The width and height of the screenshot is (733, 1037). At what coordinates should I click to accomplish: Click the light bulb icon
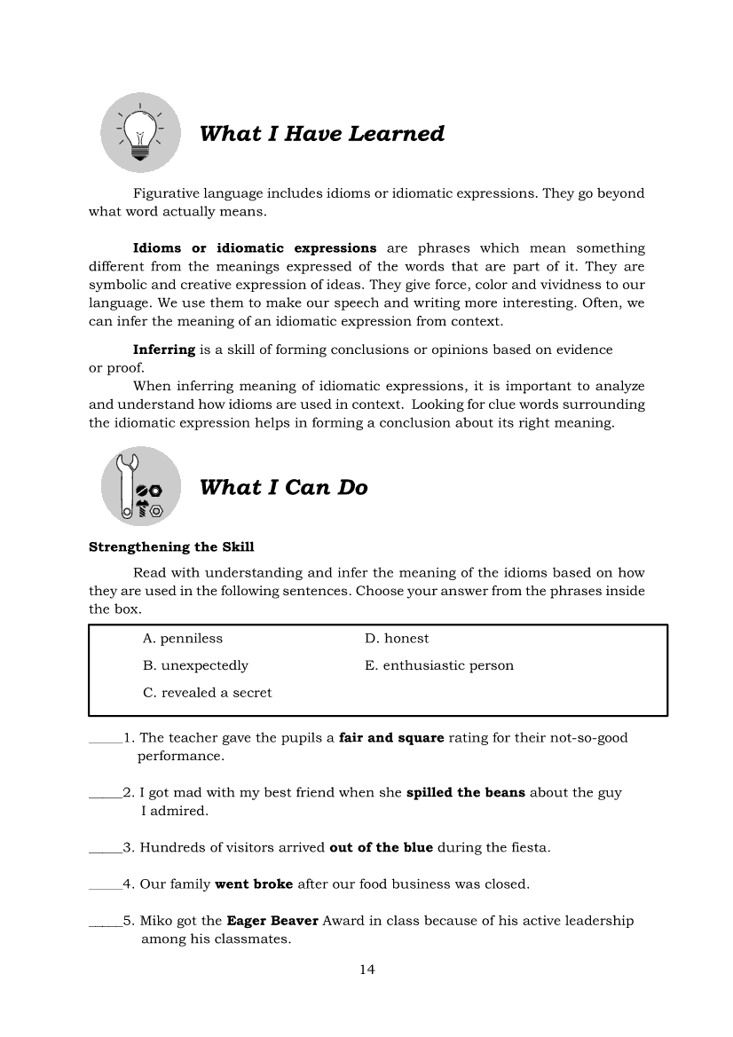point(139,133)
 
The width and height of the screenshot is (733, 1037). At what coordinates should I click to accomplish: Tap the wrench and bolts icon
point(140,486)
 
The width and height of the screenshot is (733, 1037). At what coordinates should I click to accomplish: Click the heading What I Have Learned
point(322,134)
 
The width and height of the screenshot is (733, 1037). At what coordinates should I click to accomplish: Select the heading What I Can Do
point(284,487)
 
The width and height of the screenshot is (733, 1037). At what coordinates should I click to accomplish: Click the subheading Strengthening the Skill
point(171,546)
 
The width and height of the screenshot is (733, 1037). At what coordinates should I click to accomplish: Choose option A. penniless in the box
point(183,639)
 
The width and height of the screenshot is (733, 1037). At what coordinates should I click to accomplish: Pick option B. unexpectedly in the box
point(195,665)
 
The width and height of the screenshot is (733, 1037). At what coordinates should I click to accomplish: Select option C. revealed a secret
point(208,693)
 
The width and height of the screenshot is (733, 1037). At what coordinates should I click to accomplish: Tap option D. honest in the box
point(397,639)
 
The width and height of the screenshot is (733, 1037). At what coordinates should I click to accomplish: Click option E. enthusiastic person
point(439,665)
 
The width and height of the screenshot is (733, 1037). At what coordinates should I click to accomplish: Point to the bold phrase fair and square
point(391,738)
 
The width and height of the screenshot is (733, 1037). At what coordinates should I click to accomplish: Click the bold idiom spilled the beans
point(466,793)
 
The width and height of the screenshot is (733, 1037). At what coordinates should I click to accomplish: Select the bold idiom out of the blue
point(381,847)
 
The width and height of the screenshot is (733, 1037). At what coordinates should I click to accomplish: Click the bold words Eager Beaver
point(272,921)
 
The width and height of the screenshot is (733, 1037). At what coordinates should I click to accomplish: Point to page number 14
point(366,970)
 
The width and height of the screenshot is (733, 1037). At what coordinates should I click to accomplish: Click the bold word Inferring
point(164,350)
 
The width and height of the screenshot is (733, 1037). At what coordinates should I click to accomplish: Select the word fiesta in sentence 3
point(529,847)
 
